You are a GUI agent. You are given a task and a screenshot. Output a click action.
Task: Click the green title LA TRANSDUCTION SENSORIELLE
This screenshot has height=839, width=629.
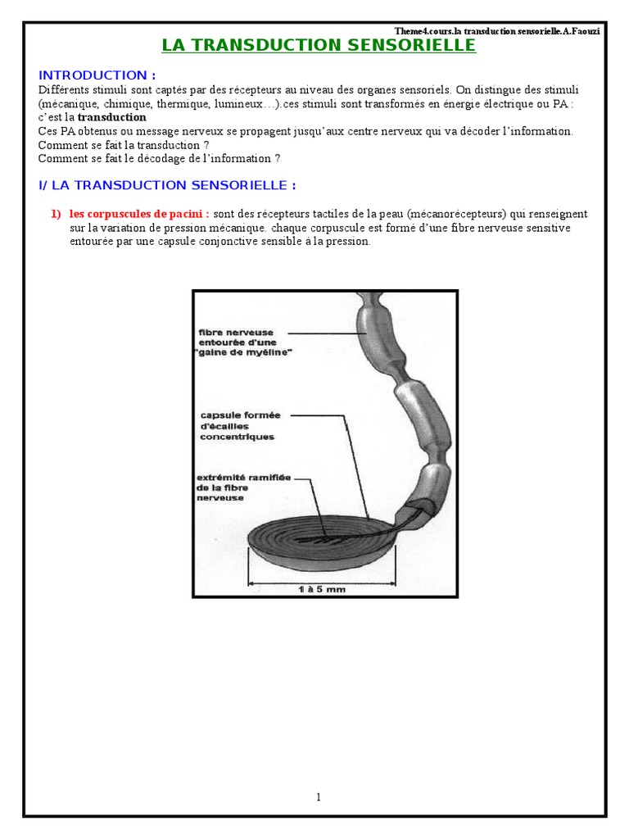click(319, 45)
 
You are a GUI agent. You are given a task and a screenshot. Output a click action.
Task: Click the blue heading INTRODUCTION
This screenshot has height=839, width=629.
click(97, 75)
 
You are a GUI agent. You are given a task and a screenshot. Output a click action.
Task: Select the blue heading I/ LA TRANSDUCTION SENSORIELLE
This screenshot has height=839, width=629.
click(167, 185)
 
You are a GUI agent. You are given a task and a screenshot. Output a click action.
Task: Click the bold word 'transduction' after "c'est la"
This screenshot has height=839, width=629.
click(111, 117)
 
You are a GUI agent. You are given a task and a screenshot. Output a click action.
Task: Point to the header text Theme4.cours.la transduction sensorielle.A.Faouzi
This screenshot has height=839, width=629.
click(497, 31)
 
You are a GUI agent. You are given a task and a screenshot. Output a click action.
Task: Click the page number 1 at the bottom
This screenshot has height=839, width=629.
click(319, 797)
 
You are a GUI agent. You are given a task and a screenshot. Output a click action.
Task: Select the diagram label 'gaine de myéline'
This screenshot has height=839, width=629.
click(243, 352)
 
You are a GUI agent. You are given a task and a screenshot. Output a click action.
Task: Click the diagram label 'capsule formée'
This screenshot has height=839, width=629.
click(240, 415)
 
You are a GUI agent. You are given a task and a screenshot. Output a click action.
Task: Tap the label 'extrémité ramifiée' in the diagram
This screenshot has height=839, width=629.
click(244, 478)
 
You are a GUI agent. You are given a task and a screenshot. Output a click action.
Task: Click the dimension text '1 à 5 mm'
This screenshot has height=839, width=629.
click(322, 589)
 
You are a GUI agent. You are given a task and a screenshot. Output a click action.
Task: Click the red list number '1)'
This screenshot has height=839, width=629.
click(57, 214)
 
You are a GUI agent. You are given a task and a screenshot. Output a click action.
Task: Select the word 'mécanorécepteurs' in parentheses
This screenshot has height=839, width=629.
click(456, 214)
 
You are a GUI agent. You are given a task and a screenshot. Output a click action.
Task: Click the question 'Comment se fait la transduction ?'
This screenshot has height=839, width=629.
click(124, 145)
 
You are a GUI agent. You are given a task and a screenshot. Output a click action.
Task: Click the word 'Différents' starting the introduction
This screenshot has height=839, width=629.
click(64, 90)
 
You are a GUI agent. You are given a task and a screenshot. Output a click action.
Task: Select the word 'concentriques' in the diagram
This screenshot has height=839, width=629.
click(237, 437)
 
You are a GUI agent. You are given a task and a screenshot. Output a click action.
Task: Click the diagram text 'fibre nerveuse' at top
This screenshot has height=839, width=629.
click(236, 333)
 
